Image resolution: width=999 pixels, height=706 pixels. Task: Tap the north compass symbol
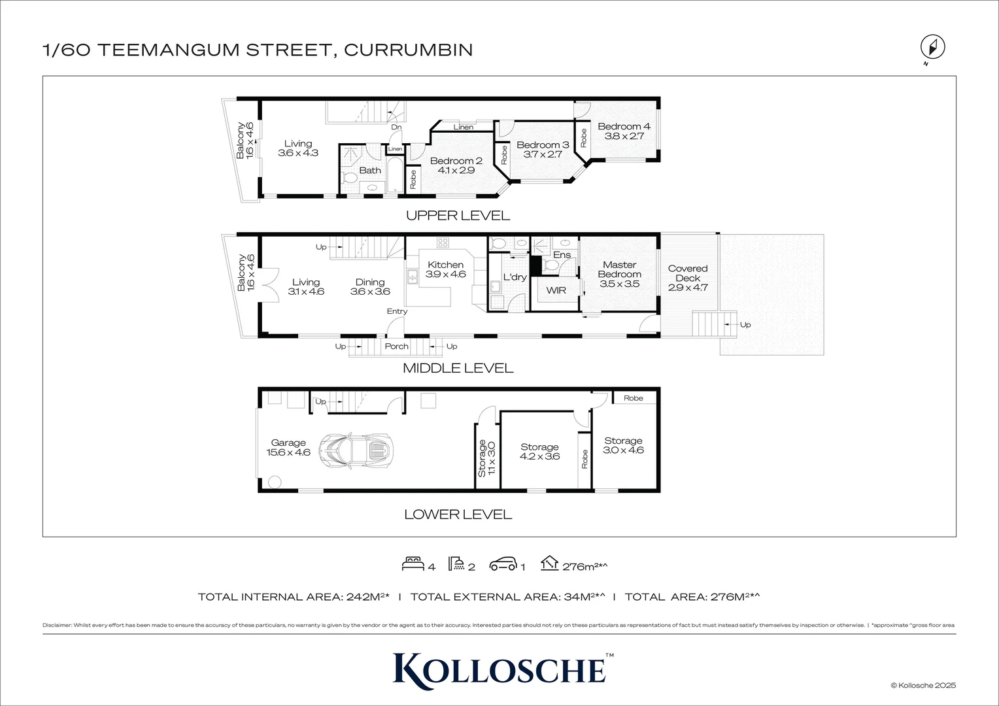point(933,48)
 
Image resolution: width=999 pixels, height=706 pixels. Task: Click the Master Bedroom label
point(619,274)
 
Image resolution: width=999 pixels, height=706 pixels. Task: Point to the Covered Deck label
point(688,278)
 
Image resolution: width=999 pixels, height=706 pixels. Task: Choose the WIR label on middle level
point(556,290)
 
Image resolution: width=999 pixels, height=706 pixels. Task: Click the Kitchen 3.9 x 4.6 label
point(445,269)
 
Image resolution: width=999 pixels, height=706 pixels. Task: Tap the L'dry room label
point(515,277)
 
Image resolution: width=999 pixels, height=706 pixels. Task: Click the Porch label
point(396,346)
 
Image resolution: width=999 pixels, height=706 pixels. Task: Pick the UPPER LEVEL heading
point(458,215)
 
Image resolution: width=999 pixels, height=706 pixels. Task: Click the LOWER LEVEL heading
point(458,514)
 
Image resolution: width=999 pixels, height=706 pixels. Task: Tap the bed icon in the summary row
point(413,563)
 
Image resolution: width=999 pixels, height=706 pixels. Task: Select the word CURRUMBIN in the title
point(408,50)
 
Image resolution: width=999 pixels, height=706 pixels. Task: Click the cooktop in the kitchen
point(443,243)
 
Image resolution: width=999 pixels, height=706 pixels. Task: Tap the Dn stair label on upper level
point(396,127)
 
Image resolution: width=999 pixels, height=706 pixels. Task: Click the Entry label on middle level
point(397,311)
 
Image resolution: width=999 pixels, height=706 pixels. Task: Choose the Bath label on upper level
point(370,171)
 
